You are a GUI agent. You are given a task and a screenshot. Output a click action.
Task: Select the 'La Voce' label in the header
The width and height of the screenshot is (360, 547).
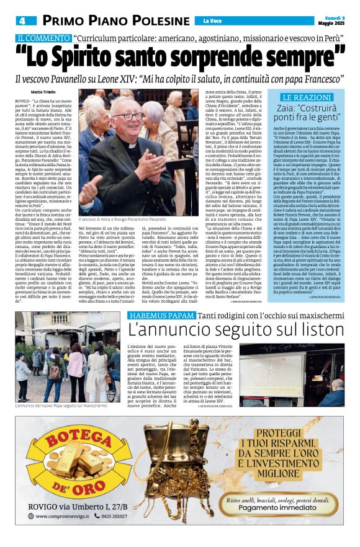(212, 21)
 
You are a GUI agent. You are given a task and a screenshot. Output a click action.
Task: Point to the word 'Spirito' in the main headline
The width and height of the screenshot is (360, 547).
(110, 58)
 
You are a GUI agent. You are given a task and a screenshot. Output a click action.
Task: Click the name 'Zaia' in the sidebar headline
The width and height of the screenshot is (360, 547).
(294, 108)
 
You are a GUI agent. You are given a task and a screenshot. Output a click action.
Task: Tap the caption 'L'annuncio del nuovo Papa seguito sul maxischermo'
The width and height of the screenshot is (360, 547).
(61, 406)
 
